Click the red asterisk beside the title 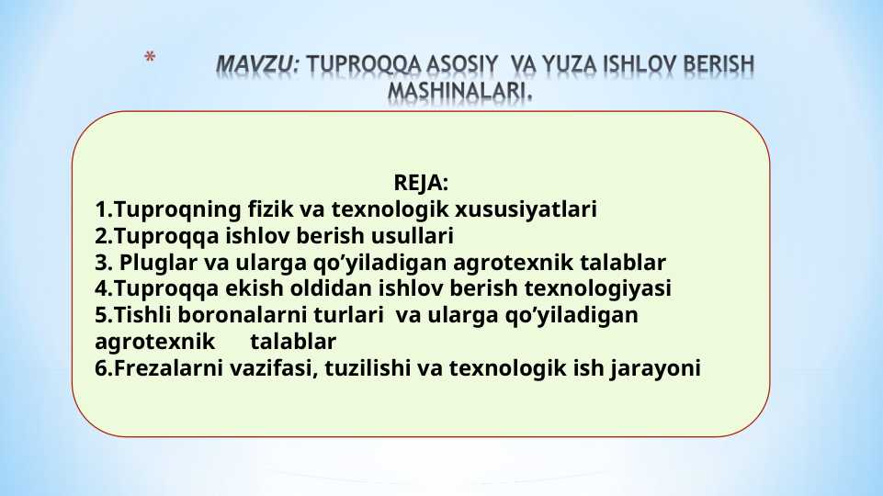(152, 59)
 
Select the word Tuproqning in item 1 (162, 209)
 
